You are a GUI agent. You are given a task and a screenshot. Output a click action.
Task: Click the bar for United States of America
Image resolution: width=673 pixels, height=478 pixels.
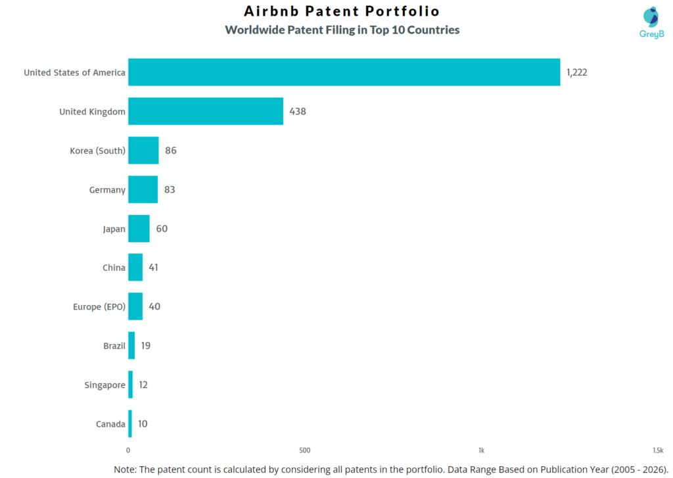click(344, 72)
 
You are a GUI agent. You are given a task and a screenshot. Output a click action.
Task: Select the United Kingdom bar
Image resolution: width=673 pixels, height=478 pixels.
click(206, 111)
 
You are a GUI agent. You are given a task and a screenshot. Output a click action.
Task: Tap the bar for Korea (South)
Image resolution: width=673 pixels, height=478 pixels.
click(143, 151)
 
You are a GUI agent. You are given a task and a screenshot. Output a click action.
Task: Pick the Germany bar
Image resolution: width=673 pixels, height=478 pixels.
click(143, 189)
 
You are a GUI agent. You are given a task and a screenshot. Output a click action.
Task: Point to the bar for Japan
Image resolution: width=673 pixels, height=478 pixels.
click(139, 229)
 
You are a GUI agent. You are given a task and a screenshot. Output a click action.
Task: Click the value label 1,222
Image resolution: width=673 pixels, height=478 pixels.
click(576, 72)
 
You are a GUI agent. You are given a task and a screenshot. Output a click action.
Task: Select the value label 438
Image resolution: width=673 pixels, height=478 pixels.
click(298, 111)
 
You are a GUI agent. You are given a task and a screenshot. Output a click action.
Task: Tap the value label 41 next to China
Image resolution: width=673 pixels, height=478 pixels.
click(153, 268)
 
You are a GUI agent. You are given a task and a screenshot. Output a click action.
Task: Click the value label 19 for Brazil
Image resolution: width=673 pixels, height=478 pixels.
click(145, 346)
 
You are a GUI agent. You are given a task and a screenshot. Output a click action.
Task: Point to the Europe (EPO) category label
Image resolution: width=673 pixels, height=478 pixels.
click(99, 307)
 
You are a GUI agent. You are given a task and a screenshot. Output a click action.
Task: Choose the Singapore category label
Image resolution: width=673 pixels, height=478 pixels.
click(104, 385)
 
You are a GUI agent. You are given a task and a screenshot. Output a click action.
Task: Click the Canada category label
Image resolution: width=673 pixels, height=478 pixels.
click(110, 424)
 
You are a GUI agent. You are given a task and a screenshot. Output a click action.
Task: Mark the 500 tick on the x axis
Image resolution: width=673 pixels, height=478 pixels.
click(304, 450)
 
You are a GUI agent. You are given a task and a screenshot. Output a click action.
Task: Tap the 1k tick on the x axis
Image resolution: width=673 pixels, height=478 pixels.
click(481, 450)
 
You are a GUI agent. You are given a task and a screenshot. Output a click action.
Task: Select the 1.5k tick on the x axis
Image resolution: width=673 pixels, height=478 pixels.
click(657, 450)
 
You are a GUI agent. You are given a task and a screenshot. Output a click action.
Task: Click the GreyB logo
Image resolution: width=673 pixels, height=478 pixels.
click(651, 23)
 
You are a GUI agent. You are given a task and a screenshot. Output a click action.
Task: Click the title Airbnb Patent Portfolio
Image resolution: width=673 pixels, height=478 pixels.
click(342, 11)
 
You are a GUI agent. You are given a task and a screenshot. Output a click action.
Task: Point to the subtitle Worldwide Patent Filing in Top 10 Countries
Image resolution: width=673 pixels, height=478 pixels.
click(342, 30)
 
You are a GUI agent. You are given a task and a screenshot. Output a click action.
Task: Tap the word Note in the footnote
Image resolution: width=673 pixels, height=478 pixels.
click(126, 469)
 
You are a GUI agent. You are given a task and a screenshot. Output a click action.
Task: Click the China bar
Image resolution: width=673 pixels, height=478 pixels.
click(135, 268)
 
